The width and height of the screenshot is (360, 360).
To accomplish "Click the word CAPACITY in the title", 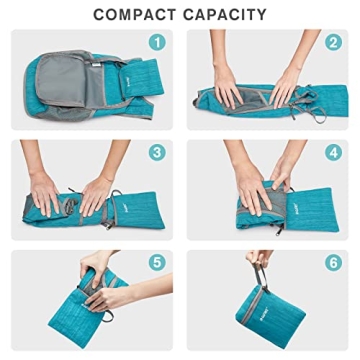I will tap(225, 15).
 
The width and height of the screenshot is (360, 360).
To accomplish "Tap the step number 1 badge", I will tap(154, 43).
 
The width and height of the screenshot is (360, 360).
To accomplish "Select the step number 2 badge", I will tap(334, 43).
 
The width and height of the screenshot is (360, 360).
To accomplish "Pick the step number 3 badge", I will tap(154, 153).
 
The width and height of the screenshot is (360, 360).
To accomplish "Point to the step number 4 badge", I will tap(334, 153).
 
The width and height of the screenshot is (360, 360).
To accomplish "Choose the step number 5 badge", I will tap(154, 263).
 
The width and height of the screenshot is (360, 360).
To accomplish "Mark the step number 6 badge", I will tap(334, 263).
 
